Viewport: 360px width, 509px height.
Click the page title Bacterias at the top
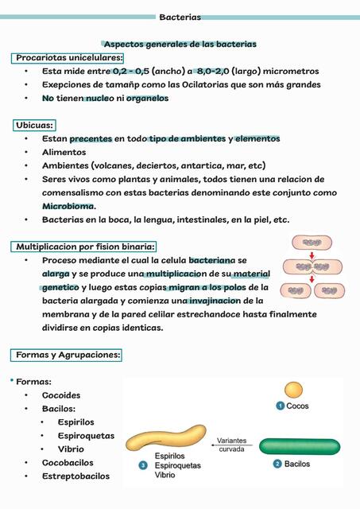coord(180,17)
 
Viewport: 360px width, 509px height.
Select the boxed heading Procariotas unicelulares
coord(69,57)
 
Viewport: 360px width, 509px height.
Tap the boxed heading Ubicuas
coord(34,125)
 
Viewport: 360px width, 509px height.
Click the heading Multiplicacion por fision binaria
coord(86,247)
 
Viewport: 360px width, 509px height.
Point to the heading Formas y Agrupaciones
coord(68,355)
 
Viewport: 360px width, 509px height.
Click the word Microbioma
coord(68,206)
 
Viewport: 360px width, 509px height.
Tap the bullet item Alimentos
coord(64,152)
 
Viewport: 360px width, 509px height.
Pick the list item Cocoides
coord(61,395)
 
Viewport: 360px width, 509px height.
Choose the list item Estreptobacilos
coord(75,476)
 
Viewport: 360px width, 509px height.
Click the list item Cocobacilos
coord(68,463)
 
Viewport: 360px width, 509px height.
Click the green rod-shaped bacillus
coord(300,445)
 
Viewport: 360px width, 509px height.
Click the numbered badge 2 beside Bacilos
coord(277,464)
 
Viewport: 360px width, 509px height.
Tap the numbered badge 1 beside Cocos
coord(280,406)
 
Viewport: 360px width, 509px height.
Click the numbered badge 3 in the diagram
coord(142,464)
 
